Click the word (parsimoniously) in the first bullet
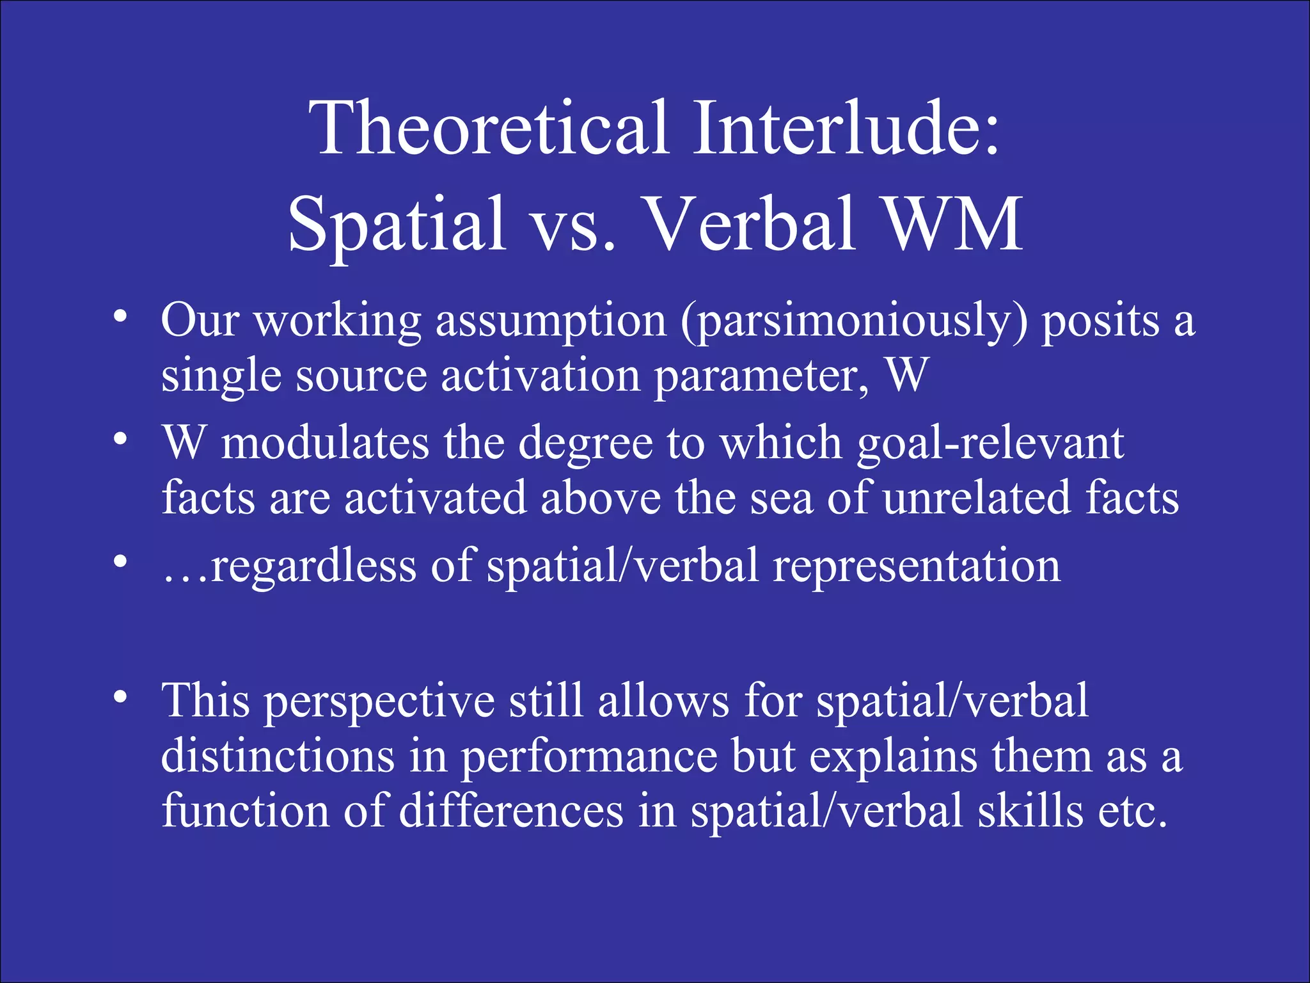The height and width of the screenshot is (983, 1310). pyautogui.click(x=854, y=322)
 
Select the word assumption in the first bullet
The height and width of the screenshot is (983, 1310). pyautogui.click(x=551, y=322)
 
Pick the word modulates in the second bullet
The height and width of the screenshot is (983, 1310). pyautogui.click(x=325, y=443)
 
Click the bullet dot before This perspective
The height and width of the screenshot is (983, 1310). pyautogui.click(x=120, y=698)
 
